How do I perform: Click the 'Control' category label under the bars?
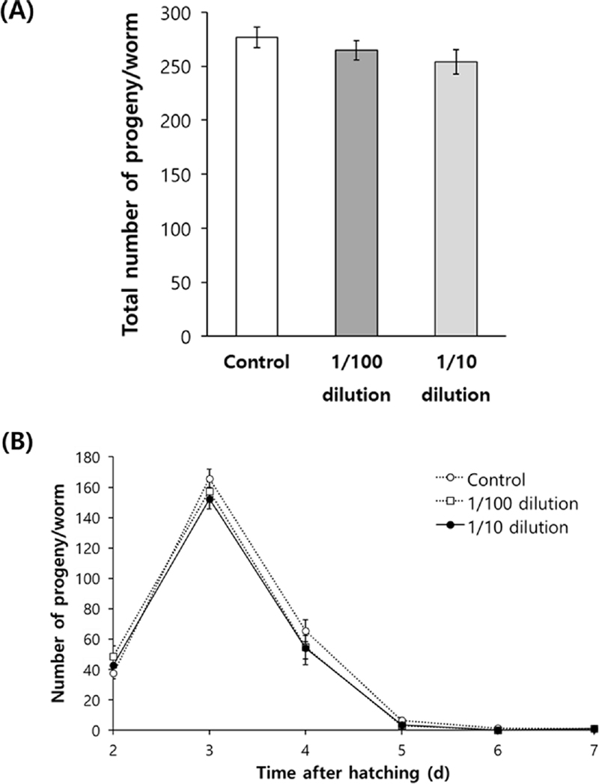coord(256,365)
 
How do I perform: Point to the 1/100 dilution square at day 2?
coord(113,657)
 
